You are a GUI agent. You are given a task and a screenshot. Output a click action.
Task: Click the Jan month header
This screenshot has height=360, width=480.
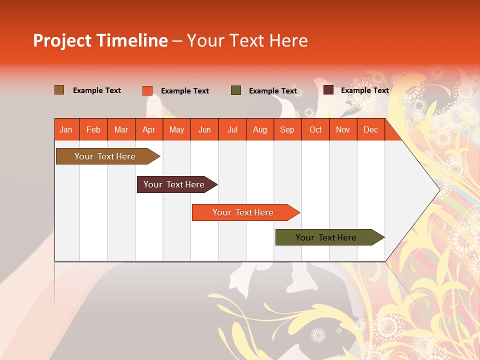(66, 129)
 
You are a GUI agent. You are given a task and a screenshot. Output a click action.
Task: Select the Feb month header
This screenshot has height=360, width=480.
(93, 129)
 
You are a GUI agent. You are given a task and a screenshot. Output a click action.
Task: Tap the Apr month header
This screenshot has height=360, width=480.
(149, 129)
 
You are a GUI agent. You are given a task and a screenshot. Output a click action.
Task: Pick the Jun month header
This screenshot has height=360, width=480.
(204, 129)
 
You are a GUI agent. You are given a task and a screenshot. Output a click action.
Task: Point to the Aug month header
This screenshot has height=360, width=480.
(260, 129)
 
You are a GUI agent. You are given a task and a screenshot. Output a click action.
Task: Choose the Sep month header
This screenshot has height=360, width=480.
(287, 129)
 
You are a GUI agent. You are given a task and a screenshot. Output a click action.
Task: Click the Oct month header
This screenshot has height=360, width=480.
(315, 129)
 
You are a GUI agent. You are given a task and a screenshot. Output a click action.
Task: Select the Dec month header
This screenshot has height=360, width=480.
(371, 129)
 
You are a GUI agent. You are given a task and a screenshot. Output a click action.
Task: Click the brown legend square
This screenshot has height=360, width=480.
(59, 90)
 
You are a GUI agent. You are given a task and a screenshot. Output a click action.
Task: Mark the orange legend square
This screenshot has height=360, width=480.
(147, 90)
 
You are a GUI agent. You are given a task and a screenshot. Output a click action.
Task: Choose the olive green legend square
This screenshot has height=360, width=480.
(236, 90)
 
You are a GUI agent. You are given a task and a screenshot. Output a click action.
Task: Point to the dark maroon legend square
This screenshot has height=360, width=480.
(328, 90)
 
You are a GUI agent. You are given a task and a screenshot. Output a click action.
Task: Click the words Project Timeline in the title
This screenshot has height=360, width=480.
(100, 40)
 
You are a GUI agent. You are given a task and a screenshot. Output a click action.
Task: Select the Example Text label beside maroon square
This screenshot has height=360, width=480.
(365, 90)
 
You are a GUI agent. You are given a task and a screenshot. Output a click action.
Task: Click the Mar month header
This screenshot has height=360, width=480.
(121, 129)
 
